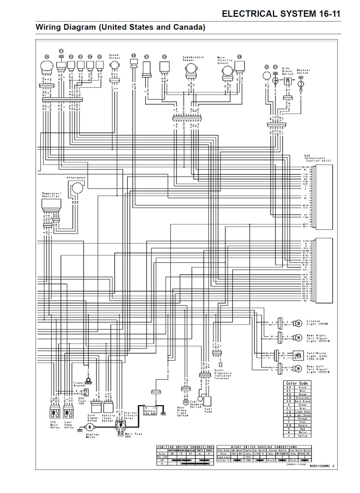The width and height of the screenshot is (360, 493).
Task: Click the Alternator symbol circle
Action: pos(78,188)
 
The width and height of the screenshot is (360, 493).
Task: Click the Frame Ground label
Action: pos(79,384)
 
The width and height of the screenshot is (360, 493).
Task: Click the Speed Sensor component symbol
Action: pos(115,65)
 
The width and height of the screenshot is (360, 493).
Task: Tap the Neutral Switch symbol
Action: pos(301,84)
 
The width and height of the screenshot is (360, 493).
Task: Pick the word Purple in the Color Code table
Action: pos(302,425)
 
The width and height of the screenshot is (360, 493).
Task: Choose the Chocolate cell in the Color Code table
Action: pos(302,398)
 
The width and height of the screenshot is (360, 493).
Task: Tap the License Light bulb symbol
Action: pos(298,323)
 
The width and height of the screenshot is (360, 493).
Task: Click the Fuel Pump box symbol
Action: pos(208,401)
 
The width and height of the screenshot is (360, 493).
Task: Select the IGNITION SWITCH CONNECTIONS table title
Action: pos(185,447)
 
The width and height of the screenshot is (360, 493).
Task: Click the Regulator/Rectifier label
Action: pos(51,195)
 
